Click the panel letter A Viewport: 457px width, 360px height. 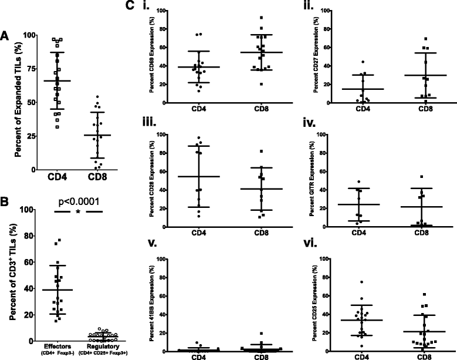click(5, 34)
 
